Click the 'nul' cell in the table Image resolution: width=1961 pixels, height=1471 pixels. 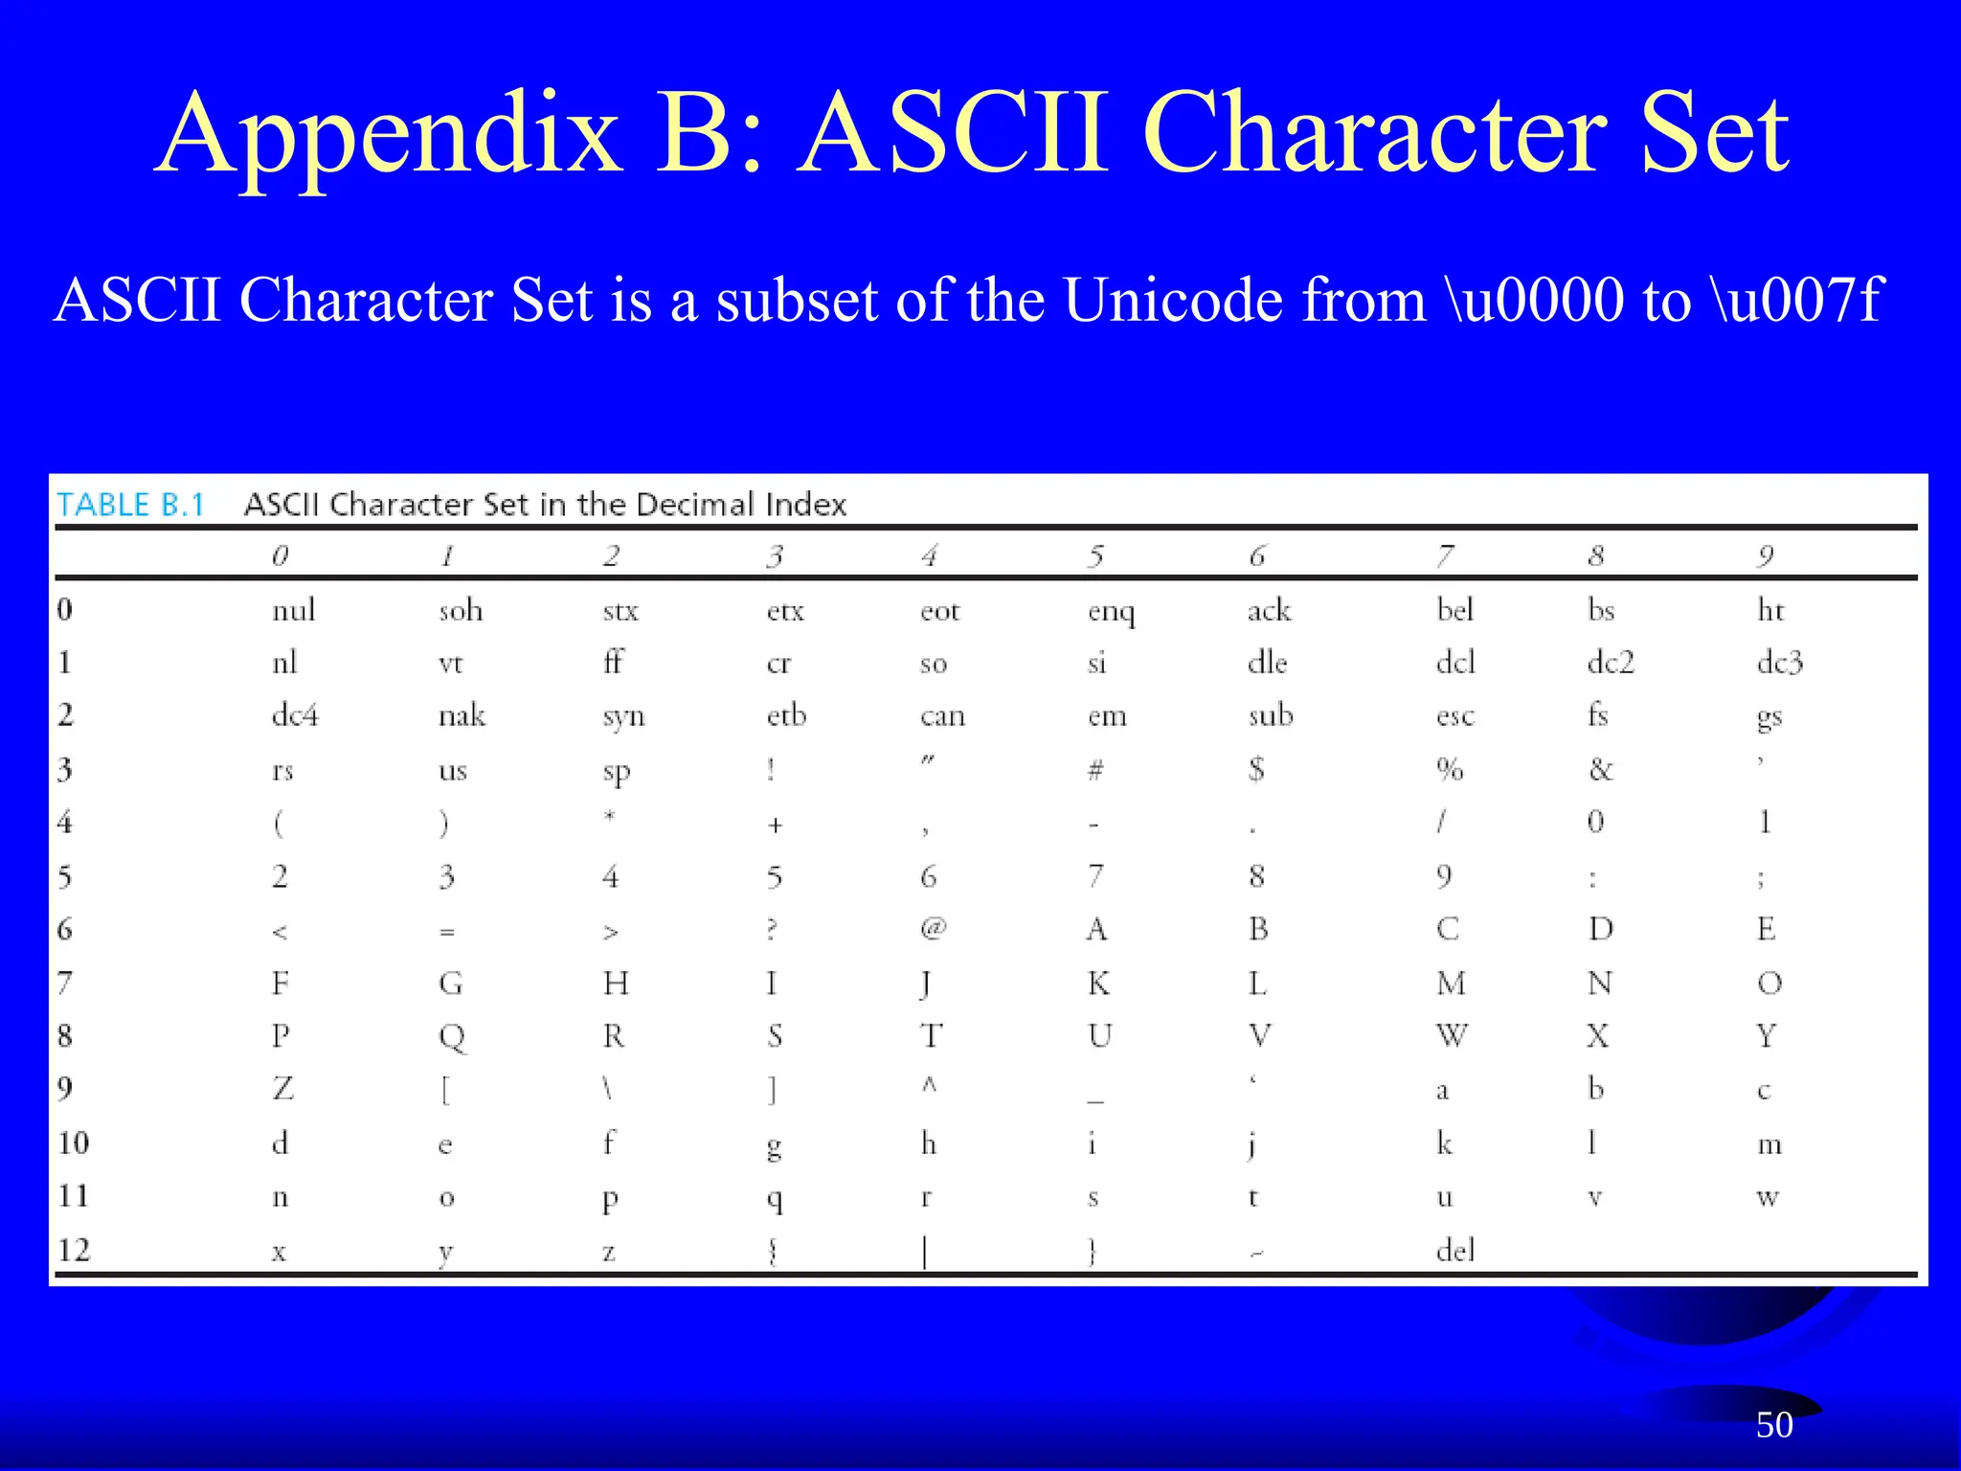(x=293, y=610)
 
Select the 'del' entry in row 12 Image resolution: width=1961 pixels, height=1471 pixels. (x=1454, y=1250)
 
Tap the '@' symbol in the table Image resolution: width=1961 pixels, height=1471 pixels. (x=933, y=928)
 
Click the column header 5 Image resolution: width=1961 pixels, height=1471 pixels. (x=1095, y=555)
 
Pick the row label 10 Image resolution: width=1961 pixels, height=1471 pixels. (x=74, y=1143)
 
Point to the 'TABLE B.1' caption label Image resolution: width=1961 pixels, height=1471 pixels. (x=131, y=505)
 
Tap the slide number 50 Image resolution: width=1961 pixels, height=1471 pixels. (x=1773, y=1425)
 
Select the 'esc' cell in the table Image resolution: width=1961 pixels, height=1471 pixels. (x=1454, y=716)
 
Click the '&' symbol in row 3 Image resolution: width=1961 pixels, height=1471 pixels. (x=1600, y=769)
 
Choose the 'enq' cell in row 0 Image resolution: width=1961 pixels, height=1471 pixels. (x=1111, y=611)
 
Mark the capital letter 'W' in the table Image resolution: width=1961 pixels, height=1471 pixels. (x=1452, y=1036)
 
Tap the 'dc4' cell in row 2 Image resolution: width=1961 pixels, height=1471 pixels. (x=294, y=715)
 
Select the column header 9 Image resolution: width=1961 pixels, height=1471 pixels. (x=1766, y=555)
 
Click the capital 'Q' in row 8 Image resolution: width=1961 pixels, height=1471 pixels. (x=451, y=1037)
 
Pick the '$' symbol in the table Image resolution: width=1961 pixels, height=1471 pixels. (x=1256, y=769)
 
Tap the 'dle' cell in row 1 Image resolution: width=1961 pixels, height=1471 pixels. (x=1267, y=663)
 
